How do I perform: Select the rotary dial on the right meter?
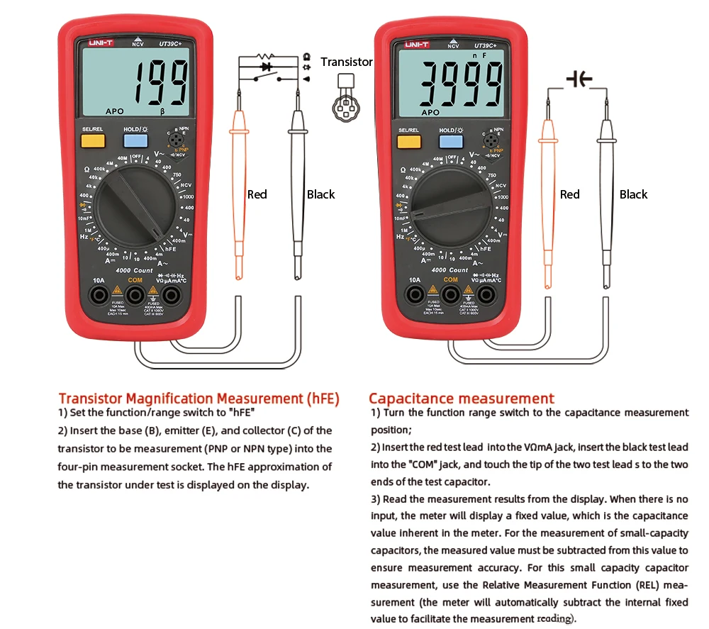(452, 206)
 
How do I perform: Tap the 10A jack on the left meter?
(99, 294)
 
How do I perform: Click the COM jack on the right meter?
(451, 294)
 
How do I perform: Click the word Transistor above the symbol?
(346, 62)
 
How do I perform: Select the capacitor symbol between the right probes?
(579, 79)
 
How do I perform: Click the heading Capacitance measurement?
(461, 399)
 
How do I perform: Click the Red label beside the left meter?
(257, 194)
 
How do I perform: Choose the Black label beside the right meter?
(633, 194)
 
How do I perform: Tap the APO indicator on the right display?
(430, 112)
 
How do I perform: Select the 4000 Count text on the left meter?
(134, 270)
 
